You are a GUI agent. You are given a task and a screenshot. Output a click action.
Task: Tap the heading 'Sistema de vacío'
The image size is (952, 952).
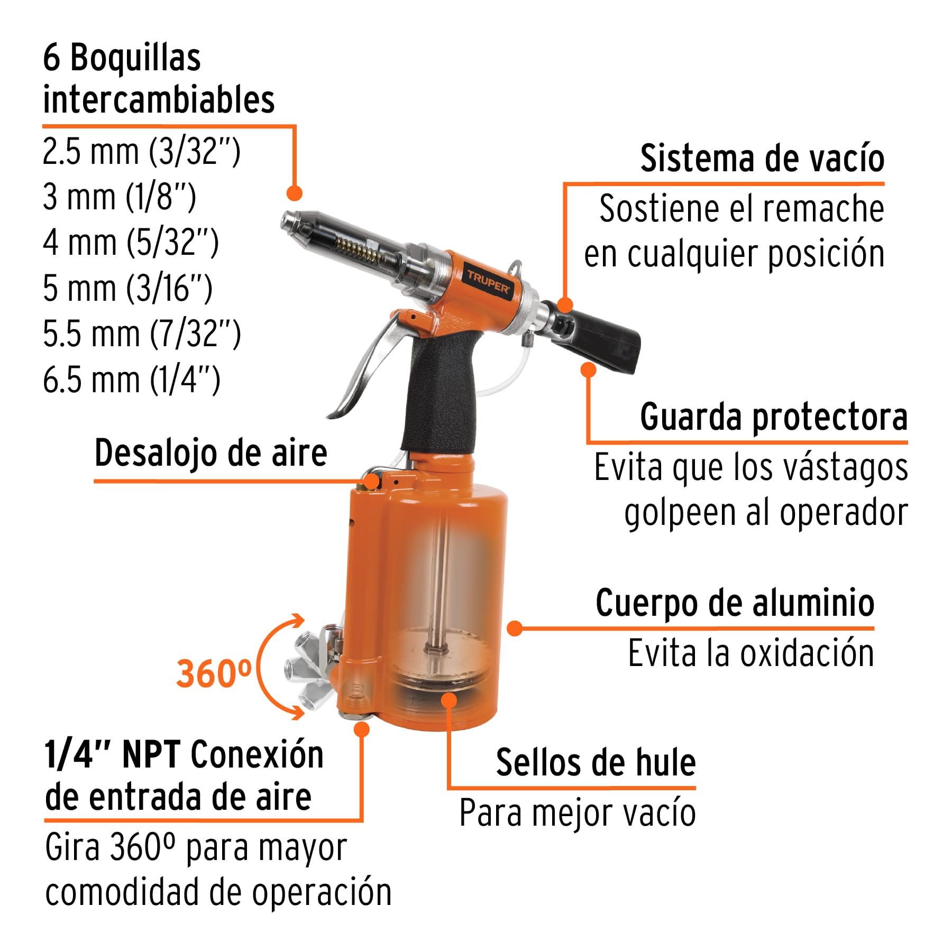[762, 158]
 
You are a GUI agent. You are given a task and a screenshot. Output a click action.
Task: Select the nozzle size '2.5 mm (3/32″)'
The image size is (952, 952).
[141, 151]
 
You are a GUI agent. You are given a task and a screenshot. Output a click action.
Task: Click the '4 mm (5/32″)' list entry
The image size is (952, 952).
[131, 243]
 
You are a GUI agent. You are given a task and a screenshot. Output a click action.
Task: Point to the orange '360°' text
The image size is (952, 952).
[214, 673]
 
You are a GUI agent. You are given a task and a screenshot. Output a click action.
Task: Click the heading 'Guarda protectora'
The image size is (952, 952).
[773, 417]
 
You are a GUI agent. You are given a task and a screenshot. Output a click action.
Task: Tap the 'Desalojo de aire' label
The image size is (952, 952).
[210, 453]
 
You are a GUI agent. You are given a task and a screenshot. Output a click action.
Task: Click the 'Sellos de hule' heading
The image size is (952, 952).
[596, 762]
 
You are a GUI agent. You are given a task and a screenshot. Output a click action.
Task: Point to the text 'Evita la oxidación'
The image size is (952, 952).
[750, 653]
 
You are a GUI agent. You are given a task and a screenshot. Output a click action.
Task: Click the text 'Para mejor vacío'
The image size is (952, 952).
[577, 812]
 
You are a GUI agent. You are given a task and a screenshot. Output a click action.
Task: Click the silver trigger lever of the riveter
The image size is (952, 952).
[365, 365]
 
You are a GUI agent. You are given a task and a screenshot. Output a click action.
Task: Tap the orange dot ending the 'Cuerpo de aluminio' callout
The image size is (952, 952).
[514, 628]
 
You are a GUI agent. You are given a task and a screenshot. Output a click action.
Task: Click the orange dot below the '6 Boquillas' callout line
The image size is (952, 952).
[295, 193]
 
